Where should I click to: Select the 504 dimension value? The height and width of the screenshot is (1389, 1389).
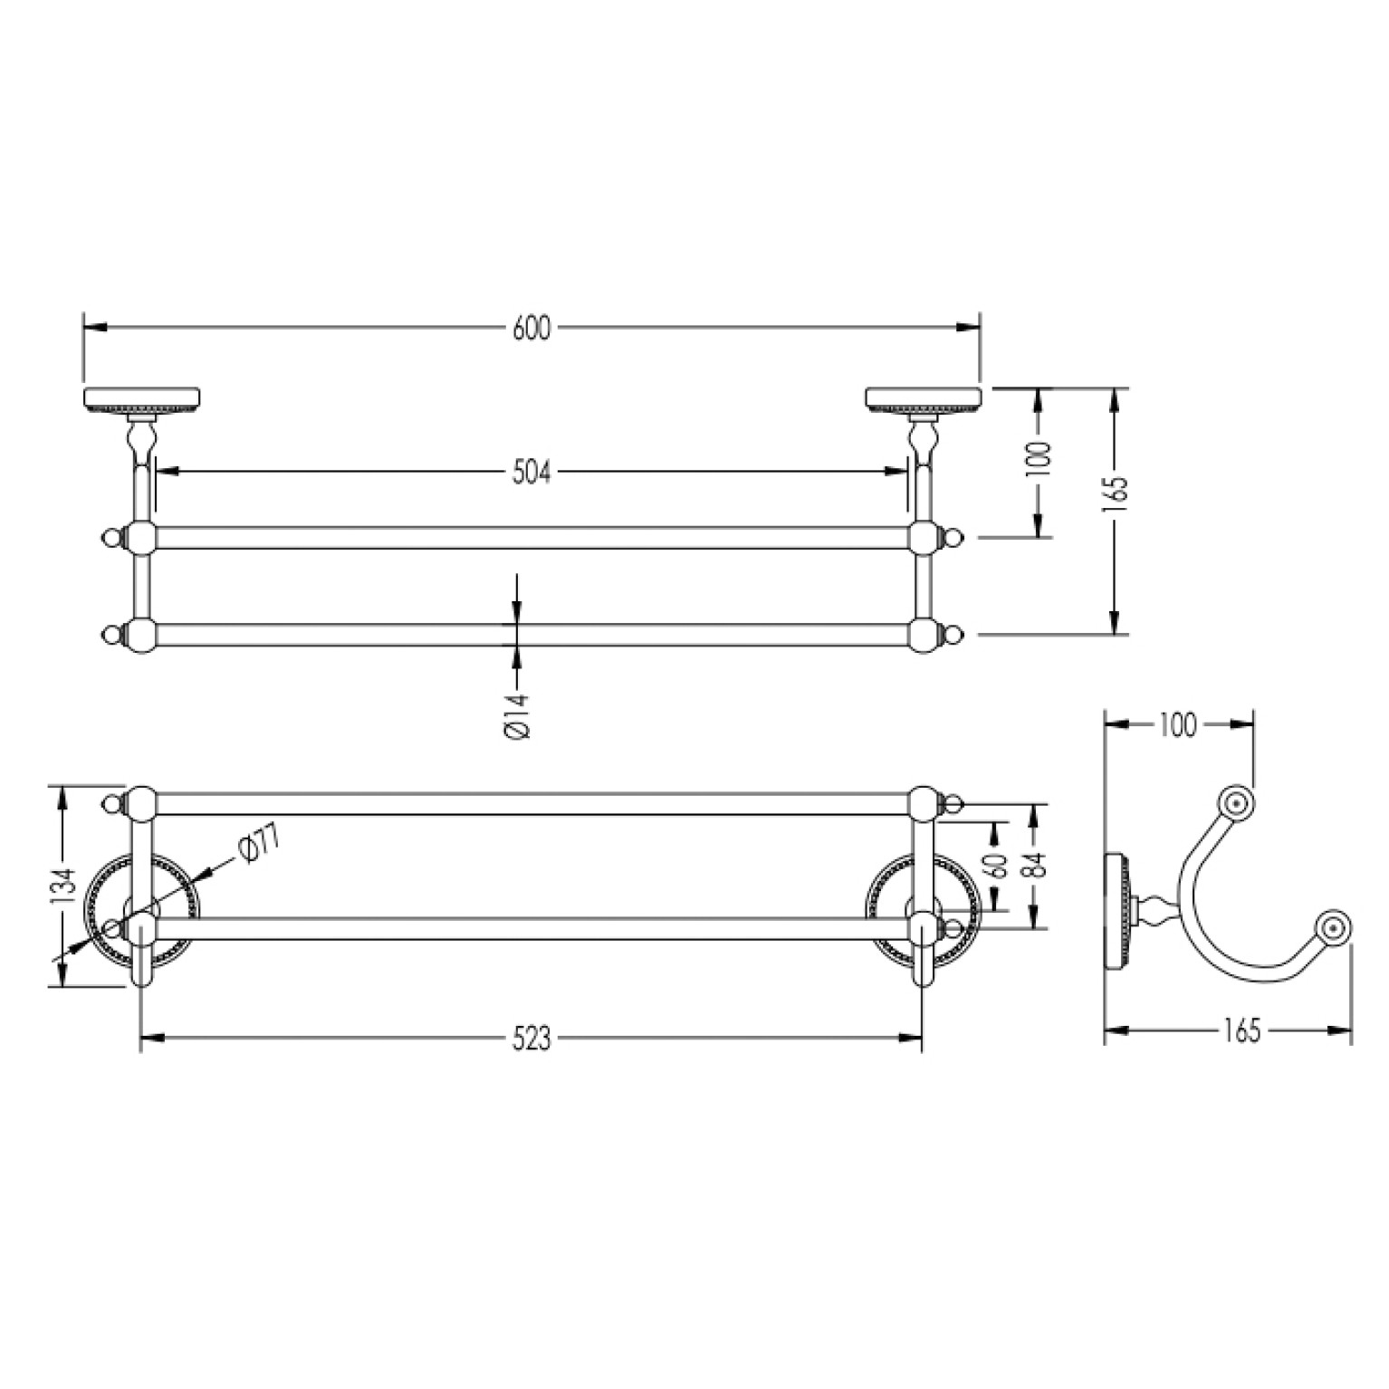(532, 472)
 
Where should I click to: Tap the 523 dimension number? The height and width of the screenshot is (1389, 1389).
(532, 1040)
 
